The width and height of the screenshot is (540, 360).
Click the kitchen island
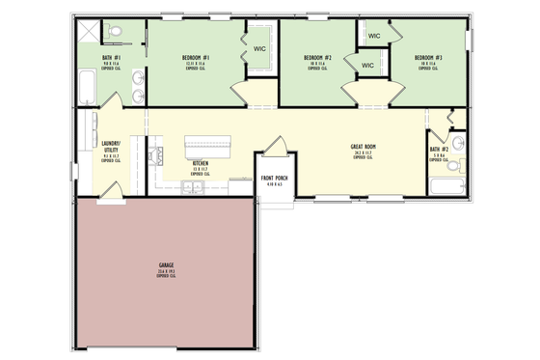(213, 146)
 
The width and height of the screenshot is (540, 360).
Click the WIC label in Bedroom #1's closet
(259, 47)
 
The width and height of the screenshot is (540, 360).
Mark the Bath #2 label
(437, 150)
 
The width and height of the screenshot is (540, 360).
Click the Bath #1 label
(110, 61)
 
